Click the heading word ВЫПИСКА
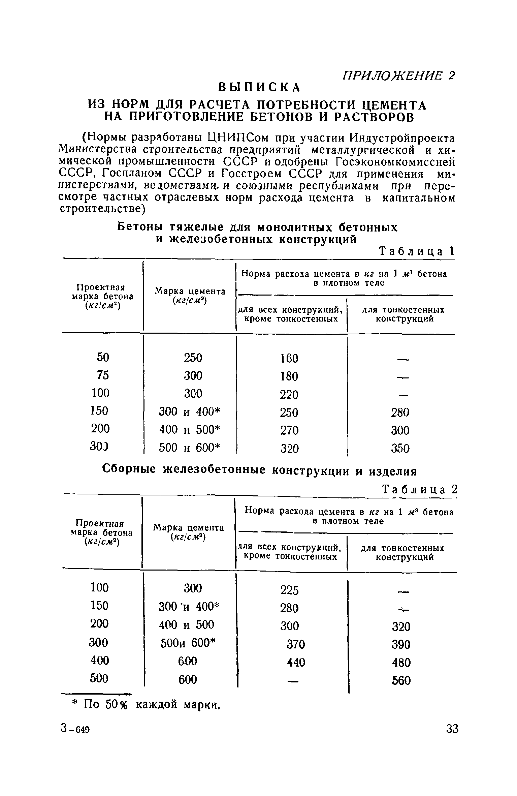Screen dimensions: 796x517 pyautogui.click(x=259, y=87)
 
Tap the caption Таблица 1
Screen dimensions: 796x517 pyautogui.click(x=417, y=252)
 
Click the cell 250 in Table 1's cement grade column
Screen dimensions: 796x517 pyautogui.click(x=193, y=358)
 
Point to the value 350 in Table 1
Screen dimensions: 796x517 pyautogui.click(x=400, y=449)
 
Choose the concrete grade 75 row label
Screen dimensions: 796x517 pyautogui.click(x=103, y=375)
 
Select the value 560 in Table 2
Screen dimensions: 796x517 pyautogui.click(x=401, y=681)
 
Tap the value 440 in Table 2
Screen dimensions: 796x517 pyautogui.click(x=296, y=663)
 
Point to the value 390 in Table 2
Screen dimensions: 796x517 pyautogui.click(x=401, y=645)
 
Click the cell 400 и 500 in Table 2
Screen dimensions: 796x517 pyautogui.click(x=186, y=625)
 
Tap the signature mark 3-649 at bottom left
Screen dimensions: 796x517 pyautogui.click(x=75, y=729)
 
